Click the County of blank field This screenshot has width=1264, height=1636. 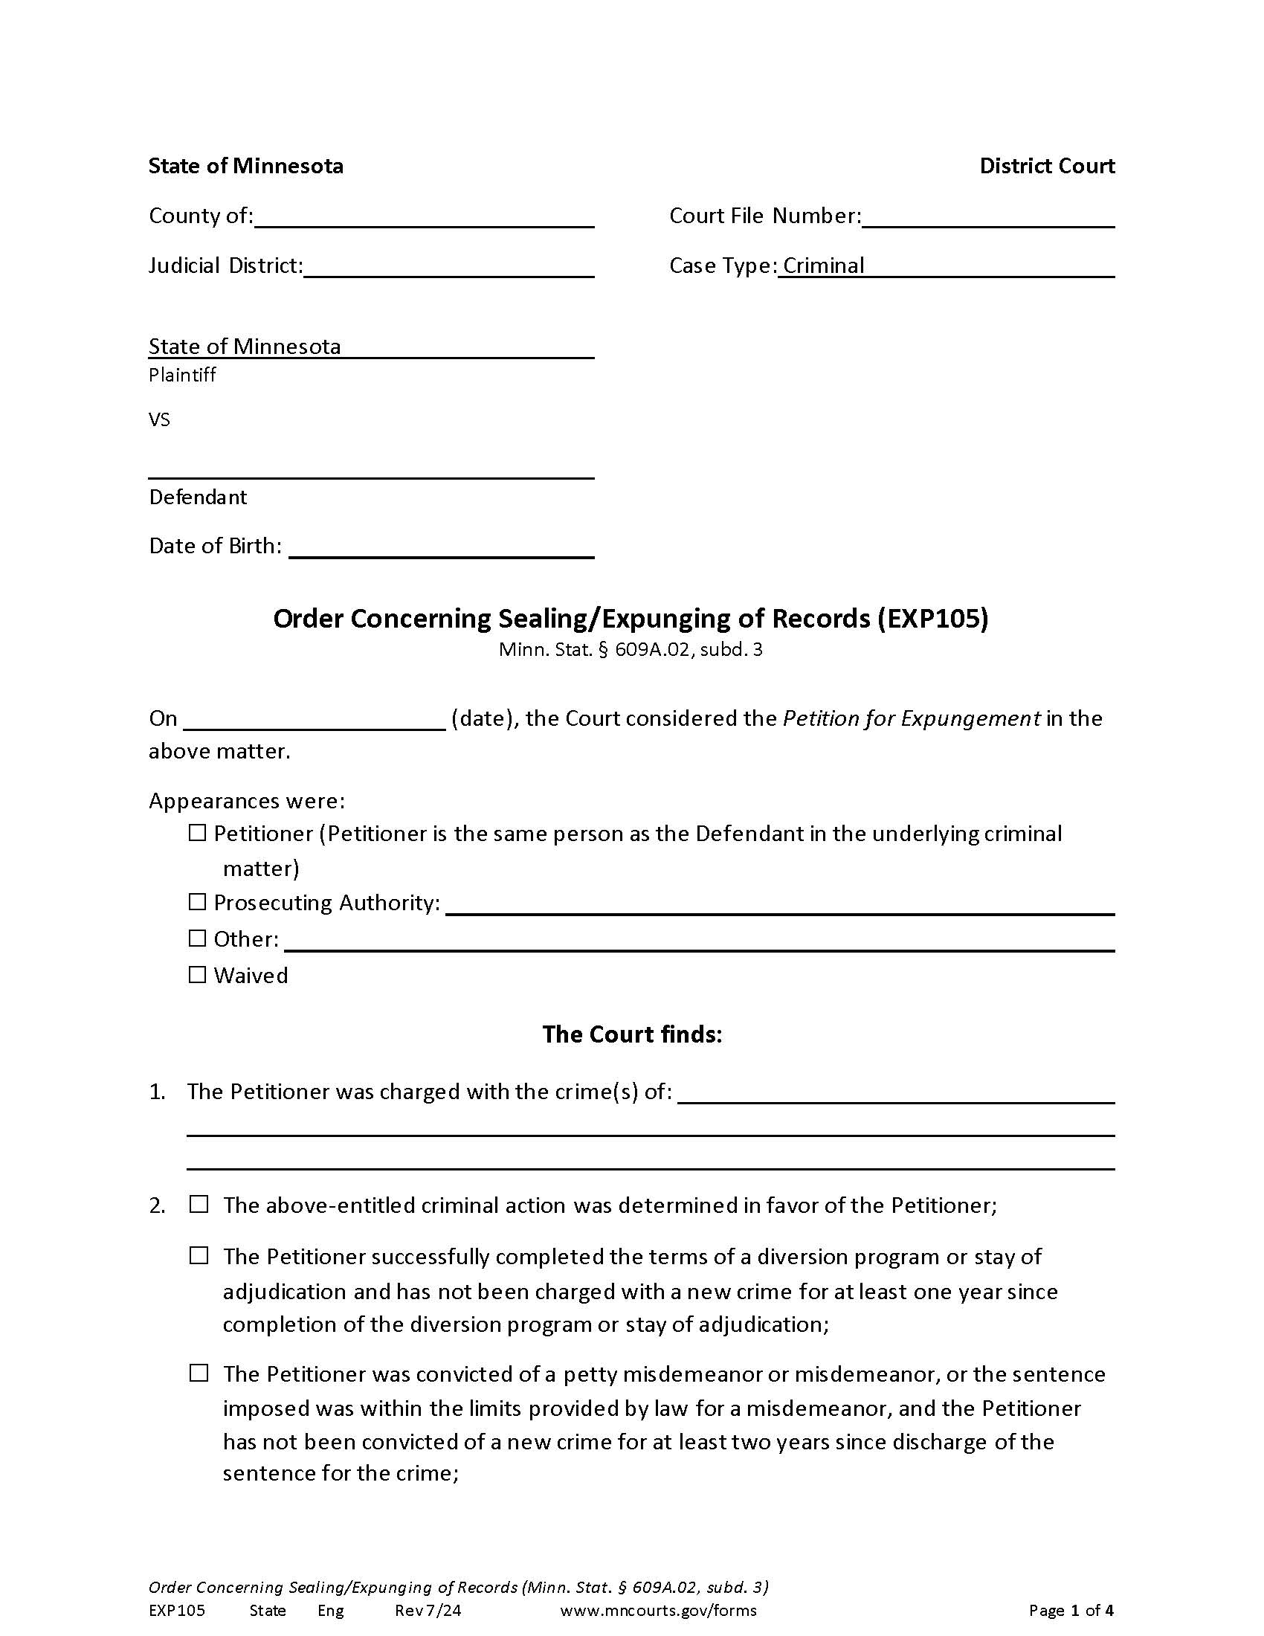click(424, 217)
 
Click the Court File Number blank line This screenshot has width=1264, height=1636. click(987, 217)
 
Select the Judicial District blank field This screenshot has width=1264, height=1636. click(448, 268)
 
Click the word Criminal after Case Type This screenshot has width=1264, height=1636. click(823, 266)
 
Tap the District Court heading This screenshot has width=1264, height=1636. click(1046, 167)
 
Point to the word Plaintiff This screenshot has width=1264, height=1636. click(182, 375)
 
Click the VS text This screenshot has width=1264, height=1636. click(160, 419)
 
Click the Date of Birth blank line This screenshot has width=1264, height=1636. click(441, 547)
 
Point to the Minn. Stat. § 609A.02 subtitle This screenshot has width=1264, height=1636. click(631, 649)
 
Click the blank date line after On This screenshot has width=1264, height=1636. click(315, 720)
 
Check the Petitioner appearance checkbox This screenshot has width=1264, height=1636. click(197, 833)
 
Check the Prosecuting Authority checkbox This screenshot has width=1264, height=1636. click(197, 902)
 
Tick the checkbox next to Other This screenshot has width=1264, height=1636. click(197, 938)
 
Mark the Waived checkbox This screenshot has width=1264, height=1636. click(197, 975)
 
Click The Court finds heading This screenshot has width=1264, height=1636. click(631, 1034)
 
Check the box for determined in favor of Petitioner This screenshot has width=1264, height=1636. click(199, 1204)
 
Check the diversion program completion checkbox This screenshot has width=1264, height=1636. click(199, 1255)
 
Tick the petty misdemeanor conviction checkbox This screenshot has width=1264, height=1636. click(199, 1373)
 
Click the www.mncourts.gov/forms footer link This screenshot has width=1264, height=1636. click(657, 1611)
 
